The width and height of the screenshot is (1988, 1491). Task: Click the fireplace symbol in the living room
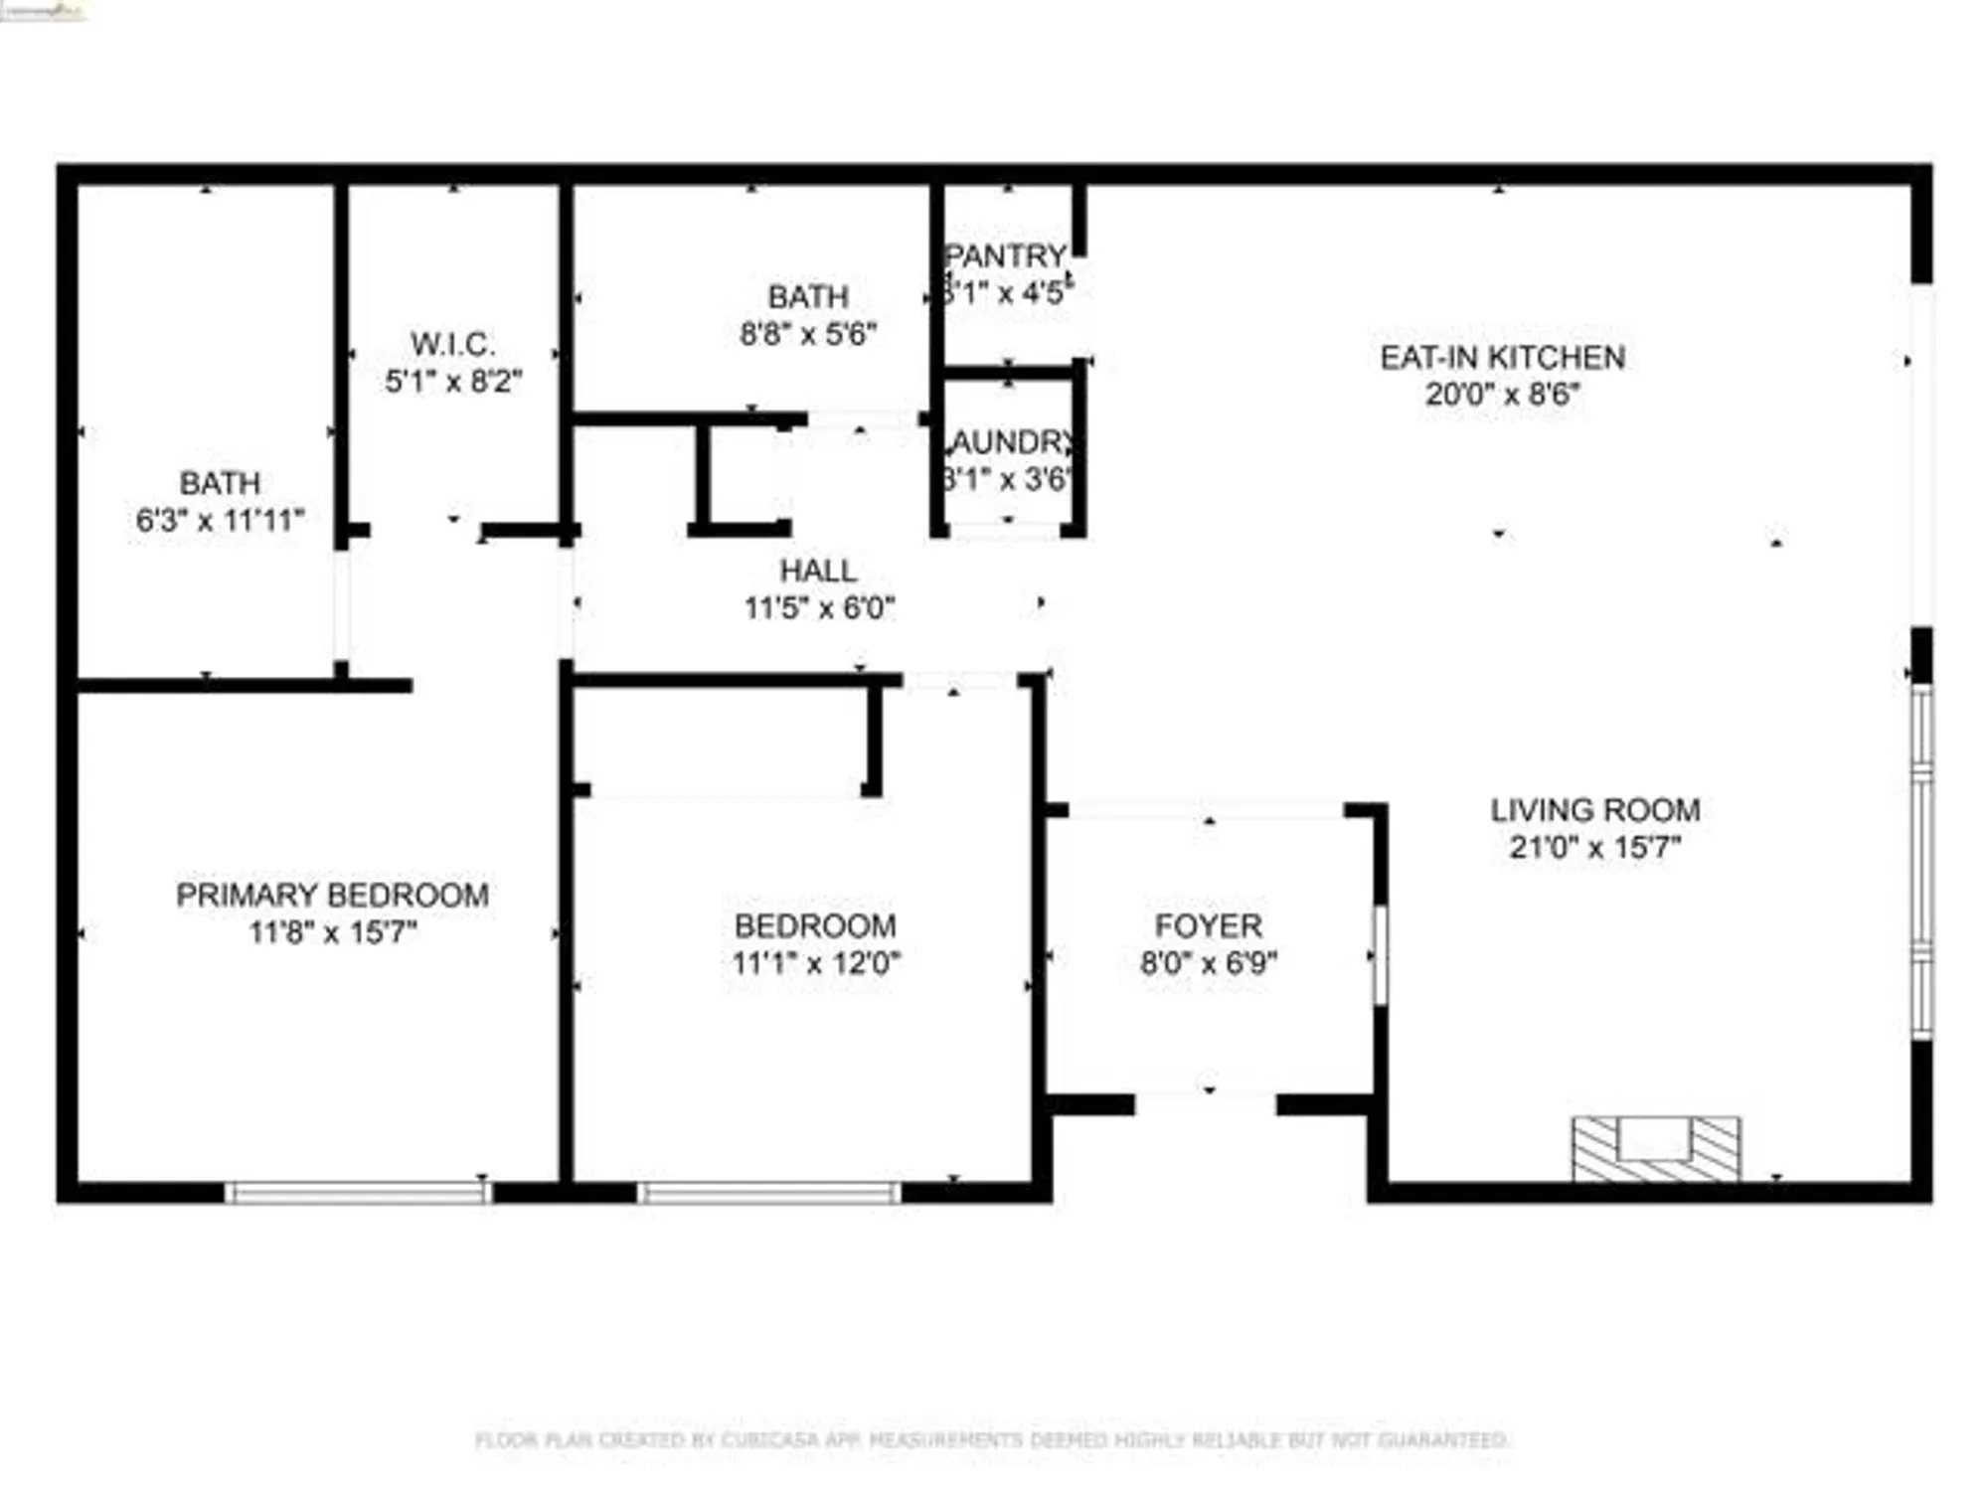tap(1655, 1149)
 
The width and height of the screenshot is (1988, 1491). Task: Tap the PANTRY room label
tap(1006, 256)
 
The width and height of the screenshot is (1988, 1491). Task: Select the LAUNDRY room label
tap(1010, 441)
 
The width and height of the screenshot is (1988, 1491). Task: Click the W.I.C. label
tap(452, 344)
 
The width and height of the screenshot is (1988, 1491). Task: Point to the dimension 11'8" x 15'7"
tap(333, 932)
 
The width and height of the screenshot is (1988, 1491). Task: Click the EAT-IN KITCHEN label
tap(1502, 357)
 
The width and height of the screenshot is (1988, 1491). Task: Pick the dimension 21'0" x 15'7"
tap(1594, 848)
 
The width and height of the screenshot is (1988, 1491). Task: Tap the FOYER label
tap(1208, 925)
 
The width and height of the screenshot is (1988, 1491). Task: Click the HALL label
tap(818, 571)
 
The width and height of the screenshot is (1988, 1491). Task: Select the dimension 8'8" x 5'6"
tap(808, 334)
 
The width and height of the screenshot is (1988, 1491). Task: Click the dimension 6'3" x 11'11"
tap(220, 520)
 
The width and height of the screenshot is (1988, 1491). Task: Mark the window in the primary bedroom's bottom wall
tap(358, 1192)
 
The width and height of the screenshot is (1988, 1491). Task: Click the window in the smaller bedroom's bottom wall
tap(768, 1192)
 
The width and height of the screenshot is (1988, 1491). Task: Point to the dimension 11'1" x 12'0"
tap(816, 963)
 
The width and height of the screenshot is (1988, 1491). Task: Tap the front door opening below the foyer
tap(1205, 1103)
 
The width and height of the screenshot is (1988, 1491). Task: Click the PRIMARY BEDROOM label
tap(332, 895)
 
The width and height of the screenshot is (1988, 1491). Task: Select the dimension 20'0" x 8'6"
tap(1502, 395)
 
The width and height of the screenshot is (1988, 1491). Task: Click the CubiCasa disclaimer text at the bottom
tap(992, 1439)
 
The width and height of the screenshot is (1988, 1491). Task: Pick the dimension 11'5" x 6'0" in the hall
tap(819, 607)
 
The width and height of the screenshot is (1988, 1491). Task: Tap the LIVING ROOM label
tap(1594, 810)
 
